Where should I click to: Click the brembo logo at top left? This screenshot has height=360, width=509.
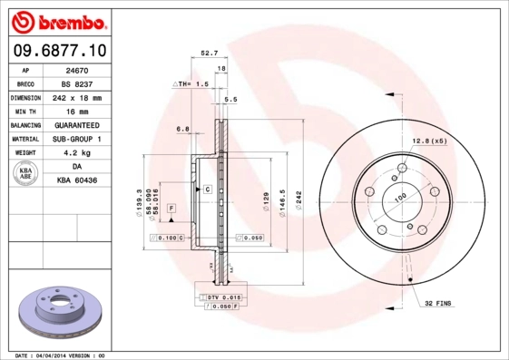coord(60,21)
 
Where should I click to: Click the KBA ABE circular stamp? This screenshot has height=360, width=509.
coord(24,174)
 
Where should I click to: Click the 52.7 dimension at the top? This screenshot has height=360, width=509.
coord(208,54)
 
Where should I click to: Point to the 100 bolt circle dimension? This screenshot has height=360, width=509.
coord(398,196)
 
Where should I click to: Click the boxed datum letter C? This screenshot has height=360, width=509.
coord(207,189)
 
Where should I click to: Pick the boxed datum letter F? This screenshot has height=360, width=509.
coord(171,209)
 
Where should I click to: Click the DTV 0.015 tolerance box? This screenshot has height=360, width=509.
coord(220,297)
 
